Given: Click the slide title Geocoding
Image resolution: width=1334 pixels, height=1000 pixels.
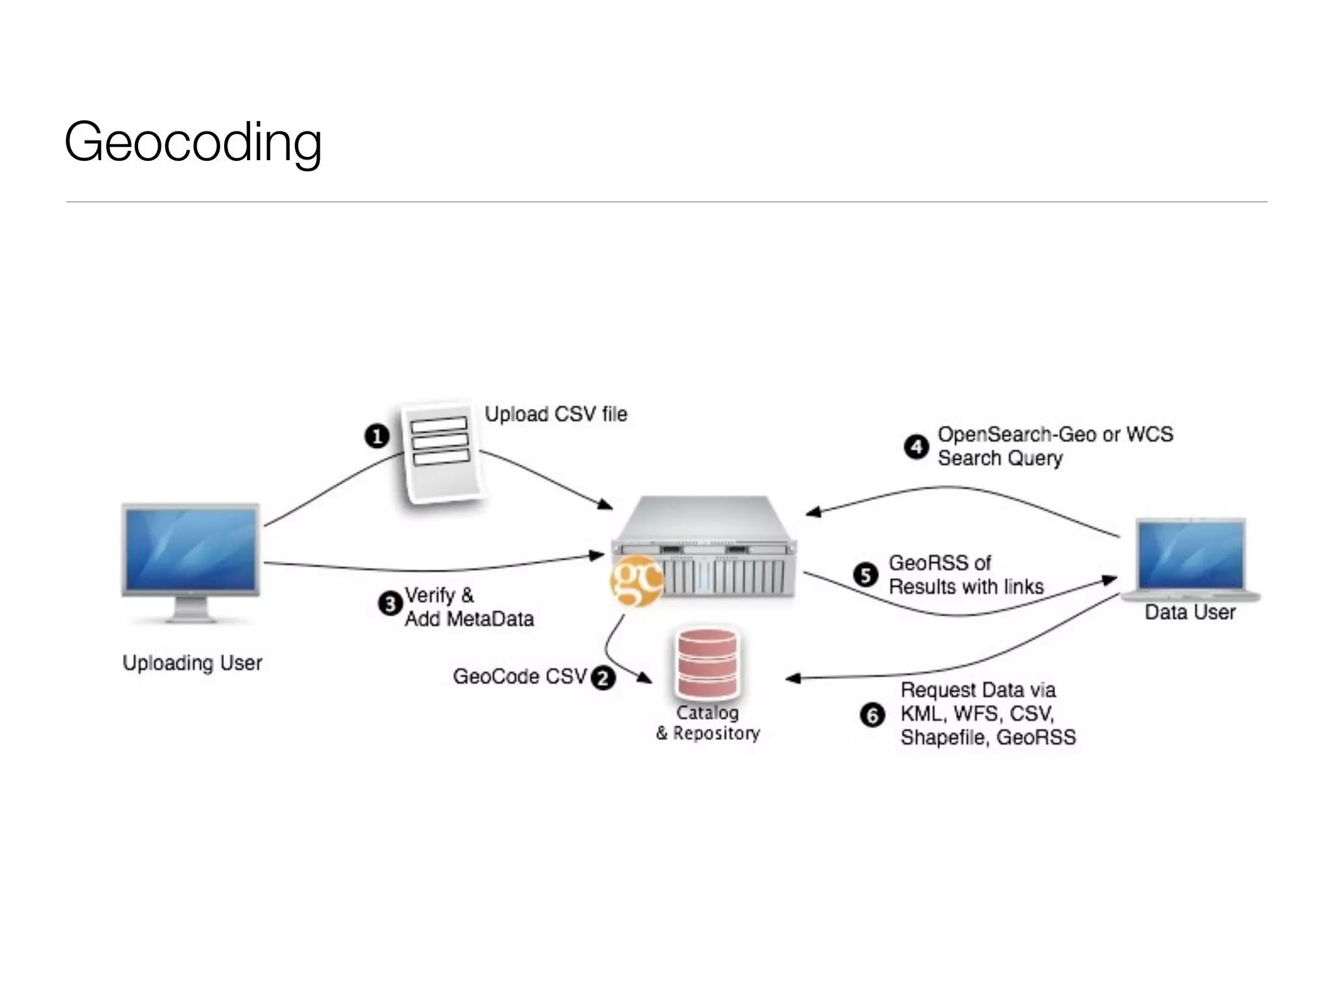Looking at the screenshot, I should tap(193, 143).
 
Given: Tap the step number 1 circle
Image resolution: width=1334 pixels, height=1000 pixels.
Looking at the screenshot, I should tap(376, 436).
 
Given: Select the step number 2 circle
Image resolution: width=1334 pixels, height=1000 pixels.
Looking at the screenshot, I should tap(603, 678).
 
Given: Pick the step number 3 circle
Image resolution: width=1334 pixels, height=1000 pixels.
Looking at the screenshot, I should tap(390, 604).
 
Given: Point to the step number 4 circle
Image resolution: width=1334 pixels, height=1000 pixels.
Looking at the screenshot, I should tap(916, 447).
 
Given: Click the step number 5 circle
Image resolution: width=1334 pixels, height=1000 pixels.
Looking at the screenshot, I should tap(866, 575).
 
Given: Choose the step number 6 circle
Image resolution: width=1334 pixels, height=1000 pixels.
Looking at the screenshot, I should tap(873, 715).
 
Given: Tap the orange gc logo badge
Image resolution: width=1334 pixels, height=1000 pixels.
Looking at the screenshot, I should tap(635, 581).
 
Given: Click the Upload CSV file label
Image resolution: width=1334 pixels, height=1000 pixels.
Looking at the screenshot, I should tap(556, 414).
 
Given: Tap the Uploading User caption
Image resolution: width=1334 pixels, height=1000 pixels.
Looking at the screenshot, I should tap(192, 663).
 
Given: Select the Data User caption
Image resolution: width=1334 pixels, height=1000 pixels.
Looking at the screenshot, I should tap(1190, 612).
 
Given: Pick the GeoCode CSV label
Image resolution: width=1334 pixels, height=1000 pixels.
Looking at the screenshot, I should tap(520, 676).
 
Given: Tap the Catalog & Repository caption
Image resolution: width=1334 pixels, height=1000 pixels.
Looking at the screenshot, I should tap(708, 723).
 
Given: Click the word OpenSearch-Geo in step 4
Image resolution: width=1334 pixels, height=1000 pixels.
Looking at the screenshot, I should tap(1016, 434).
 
